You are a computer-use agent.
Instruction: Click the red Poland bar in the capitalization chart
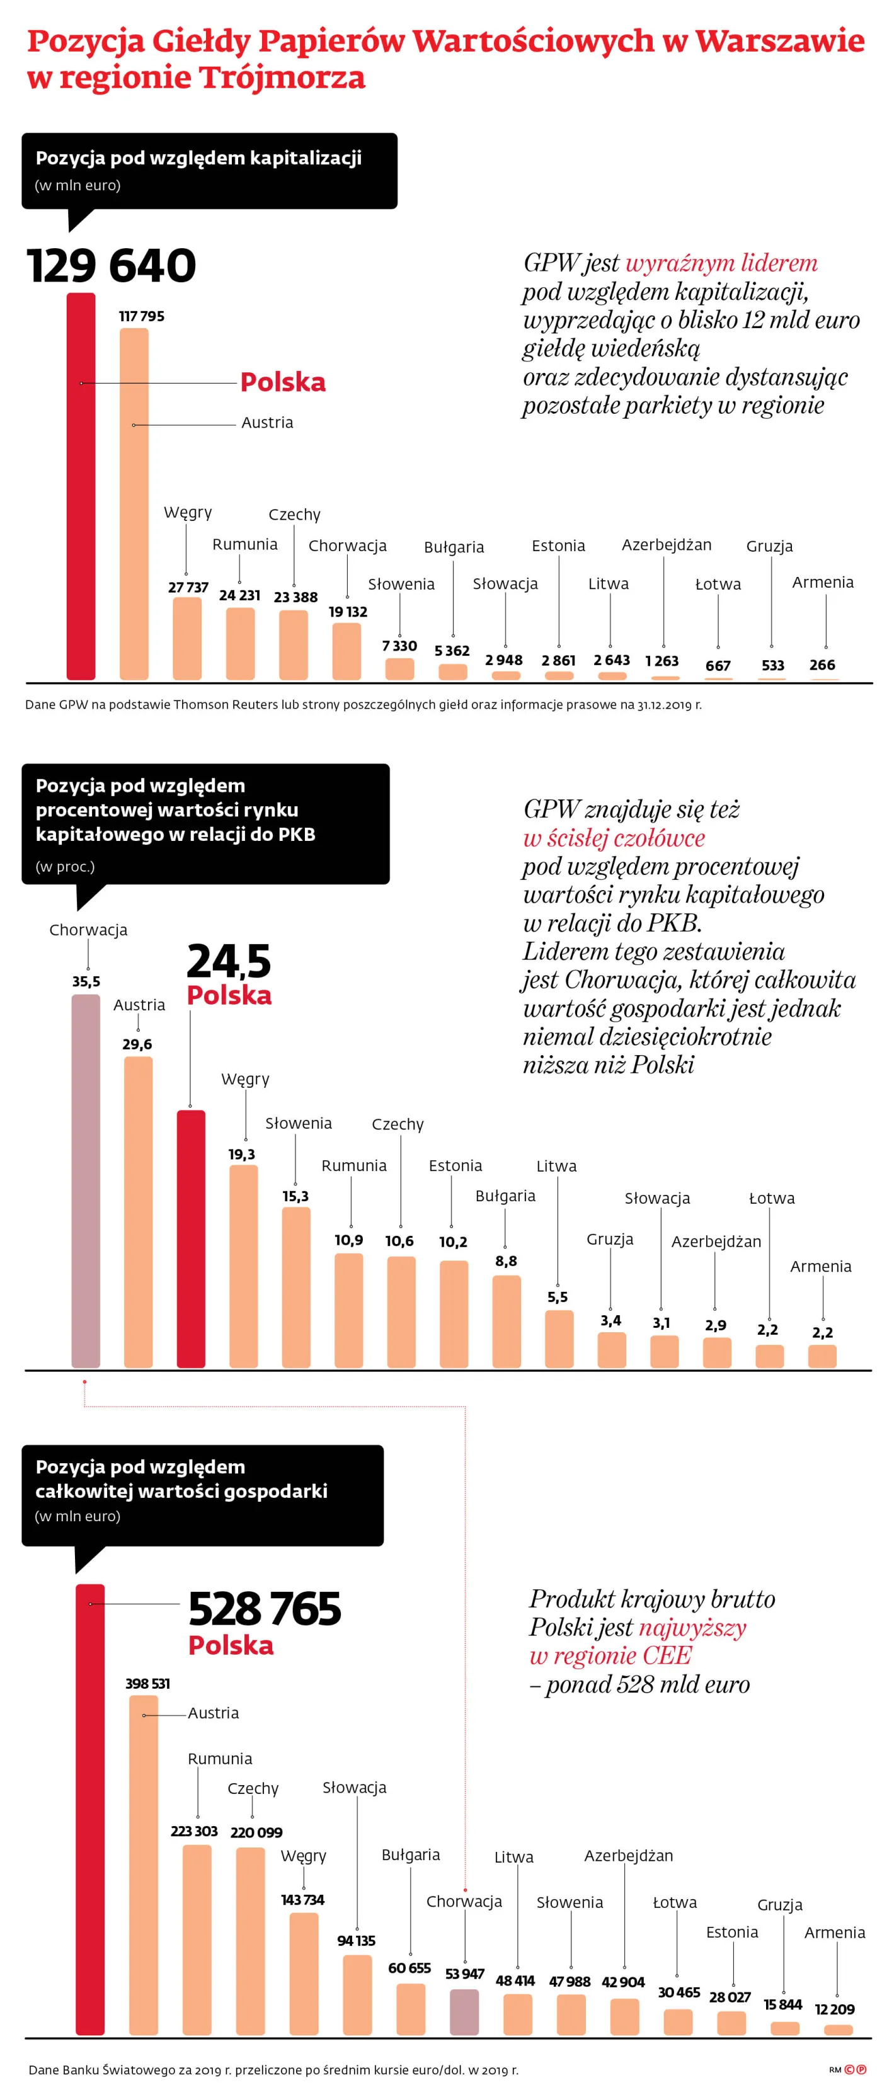point(81,487)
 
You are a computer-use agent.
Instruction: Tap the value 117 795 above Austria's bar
point(141,316)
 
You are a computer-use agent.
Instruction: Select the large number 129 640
point(111,265)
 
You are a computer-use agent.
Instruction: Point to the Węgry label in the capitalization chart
point(188,512)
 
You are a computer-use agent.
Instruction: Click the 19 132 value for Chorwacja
point(347,612)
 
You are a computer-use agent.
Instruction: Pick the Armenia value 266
point(822,665)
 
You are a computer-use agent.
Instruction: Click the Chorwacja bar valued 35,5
point(86,1180)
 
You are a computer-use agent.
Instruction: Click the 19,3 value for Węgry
point(242,1154)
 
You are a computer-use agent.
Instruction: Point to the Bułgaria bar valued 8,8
point(507,1321)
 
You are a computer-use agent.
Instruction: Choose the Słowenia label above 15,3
point(298,1123)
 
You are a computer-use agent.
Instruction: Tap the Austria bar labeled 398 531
point(144,1866)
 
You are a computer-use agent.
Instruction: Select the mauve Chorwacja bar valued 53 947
point(464,2011)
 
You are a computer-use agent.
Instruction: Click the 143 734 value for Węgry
point(302,1899)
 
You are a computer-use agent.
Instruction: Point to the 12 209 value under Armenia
point(834,2009)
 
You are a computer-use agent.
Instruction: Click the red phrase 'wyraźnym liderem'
point(721,263)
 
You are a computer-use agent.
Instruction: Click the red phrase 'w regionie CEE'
point(610,1655)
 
